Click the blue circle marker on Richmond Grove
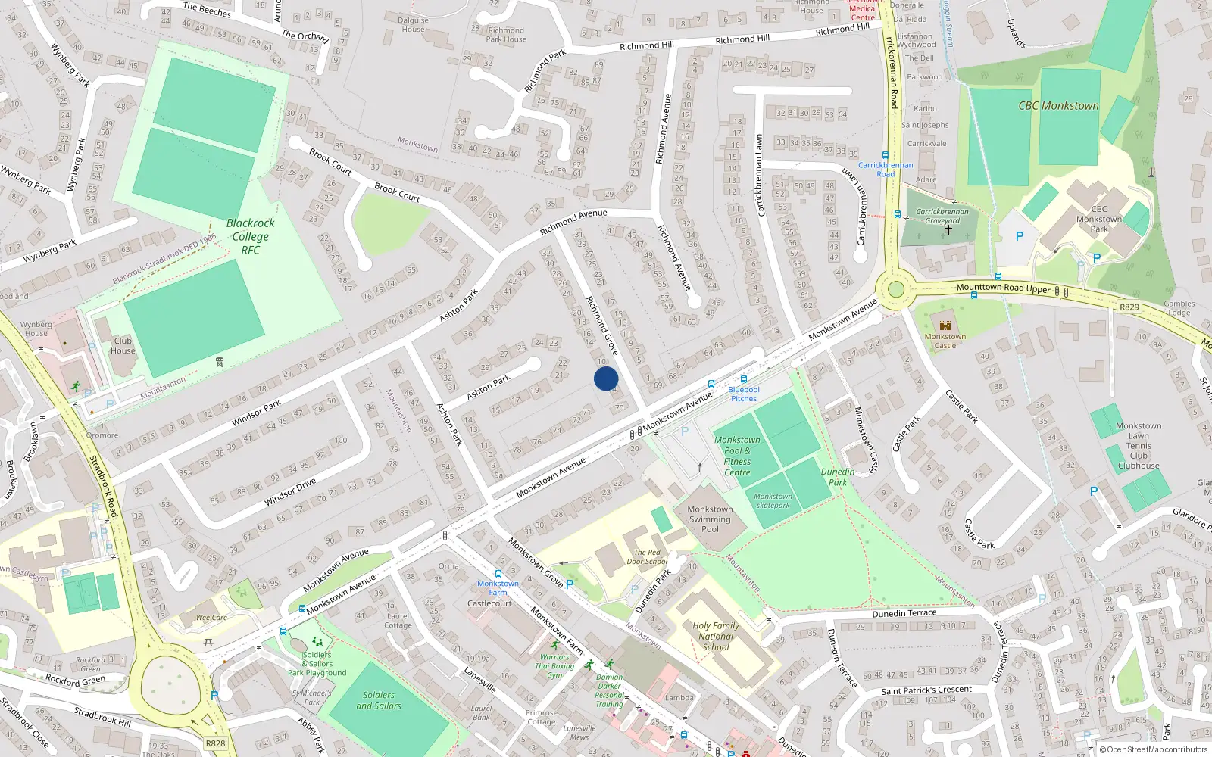click(606, 378)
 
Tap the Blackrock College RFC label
click(251, 236)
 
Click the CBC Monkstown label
click(1058, 106)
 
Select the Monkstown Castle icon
click(945, 324)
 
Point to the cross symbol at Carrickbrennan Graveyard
click(948, 229)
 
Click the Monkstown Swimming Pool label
click(710, 519)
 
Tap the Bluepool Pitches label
click(743, 394)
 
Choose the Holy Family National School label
click(715, 636)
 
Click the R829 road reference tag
click(1129, 307)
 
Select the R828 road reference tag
click(215, 743)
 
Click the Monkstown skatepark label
click(773, 500)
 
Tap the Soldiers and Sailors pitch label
click(378, 700)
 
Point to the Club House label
click(123, 345)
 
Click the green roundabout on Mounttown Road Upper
click(896, 288)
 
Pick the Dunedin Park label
click(838, 476)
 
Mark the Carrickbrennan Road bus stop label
click(886, 169)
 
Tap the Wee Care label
click(211, 617)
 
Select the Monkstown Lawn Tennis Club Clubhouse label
click(1139, 446)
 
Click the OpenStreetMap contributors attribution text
click(1154, 749)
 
